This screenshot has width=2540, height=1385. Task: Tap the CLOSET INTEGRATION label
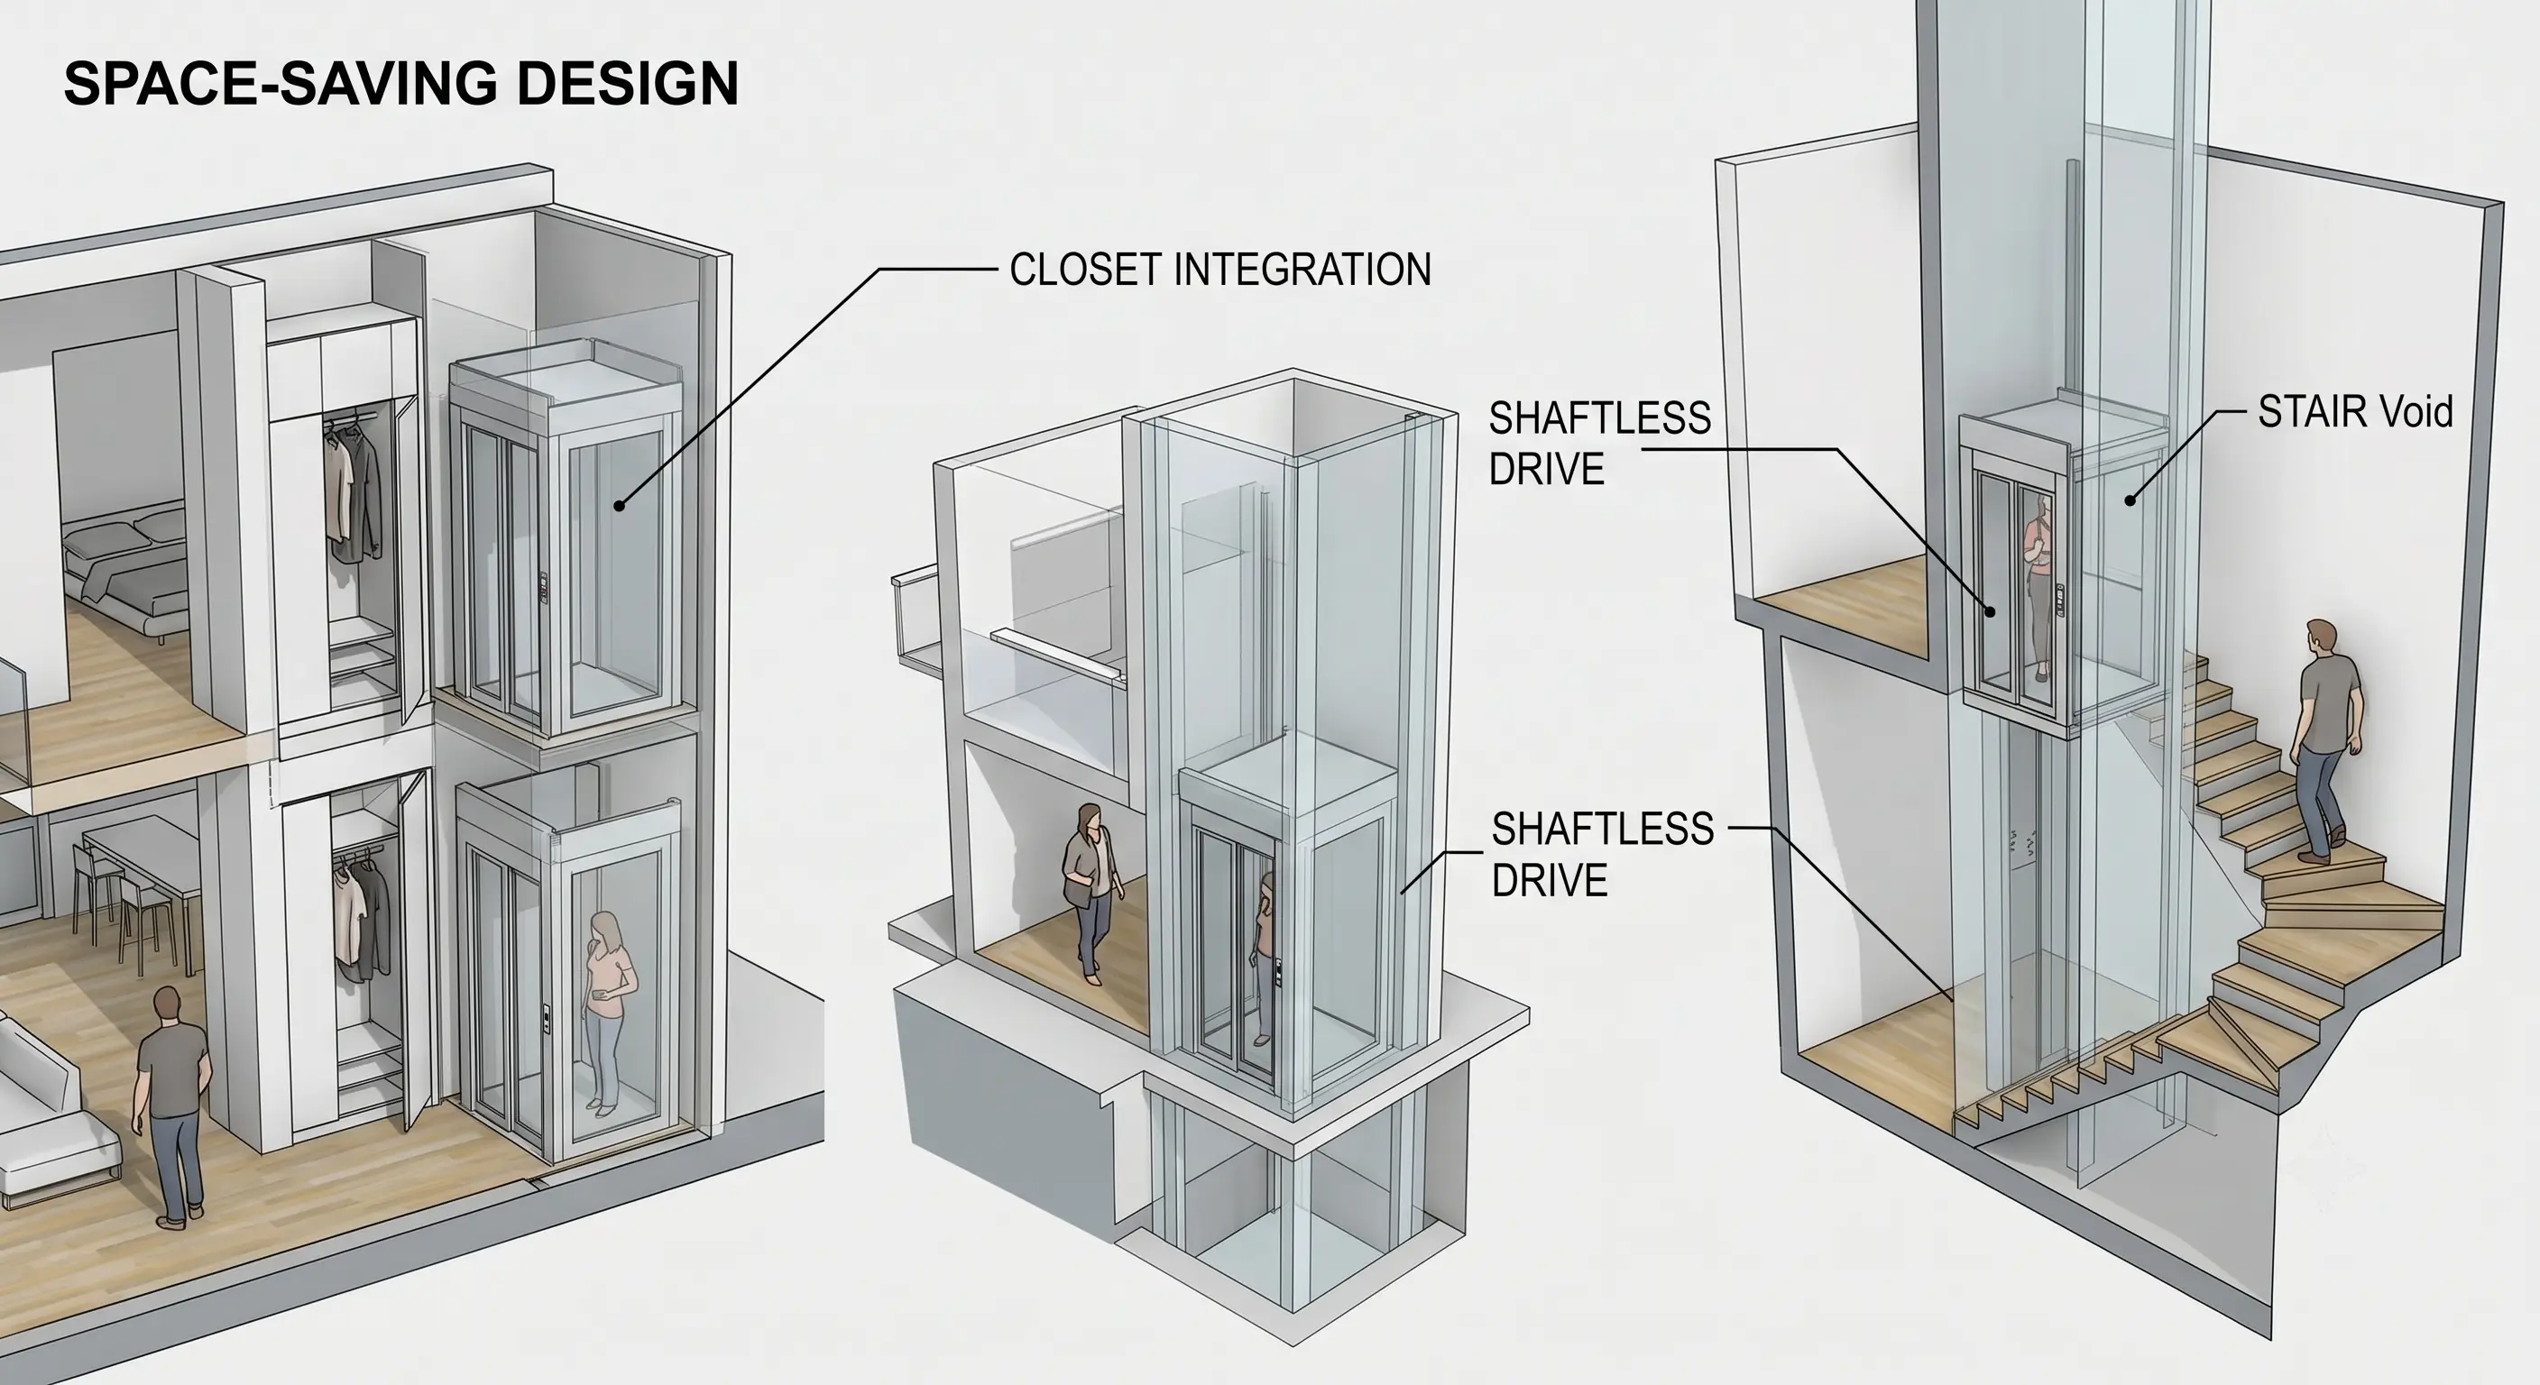point(1219,269)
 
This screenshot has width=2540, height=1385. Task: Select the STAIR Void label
point(2354,412)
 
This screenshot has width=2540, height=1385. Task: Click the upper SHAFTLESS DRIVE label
point(1599,444)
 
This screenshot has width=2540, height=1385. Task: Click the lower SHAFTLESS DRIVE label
point(1602,854)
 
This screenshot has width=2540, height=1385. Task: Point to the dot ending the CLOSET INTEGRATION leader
point(620,506)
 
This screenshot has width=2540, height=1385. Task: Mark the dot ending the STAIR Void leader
point(2130,500)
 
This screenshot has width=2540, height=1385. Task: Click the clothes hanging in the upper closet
point(351,488)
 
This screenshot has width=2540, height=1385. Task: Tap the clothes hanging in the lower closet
point(359,912)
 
